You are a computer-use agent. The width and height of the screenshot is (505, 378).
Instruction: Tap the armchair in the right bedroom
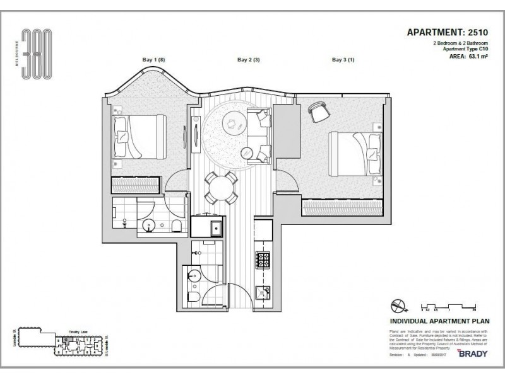319,112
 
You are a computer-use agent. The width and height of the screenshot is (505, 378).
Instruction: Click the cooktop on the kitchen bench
263,259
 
